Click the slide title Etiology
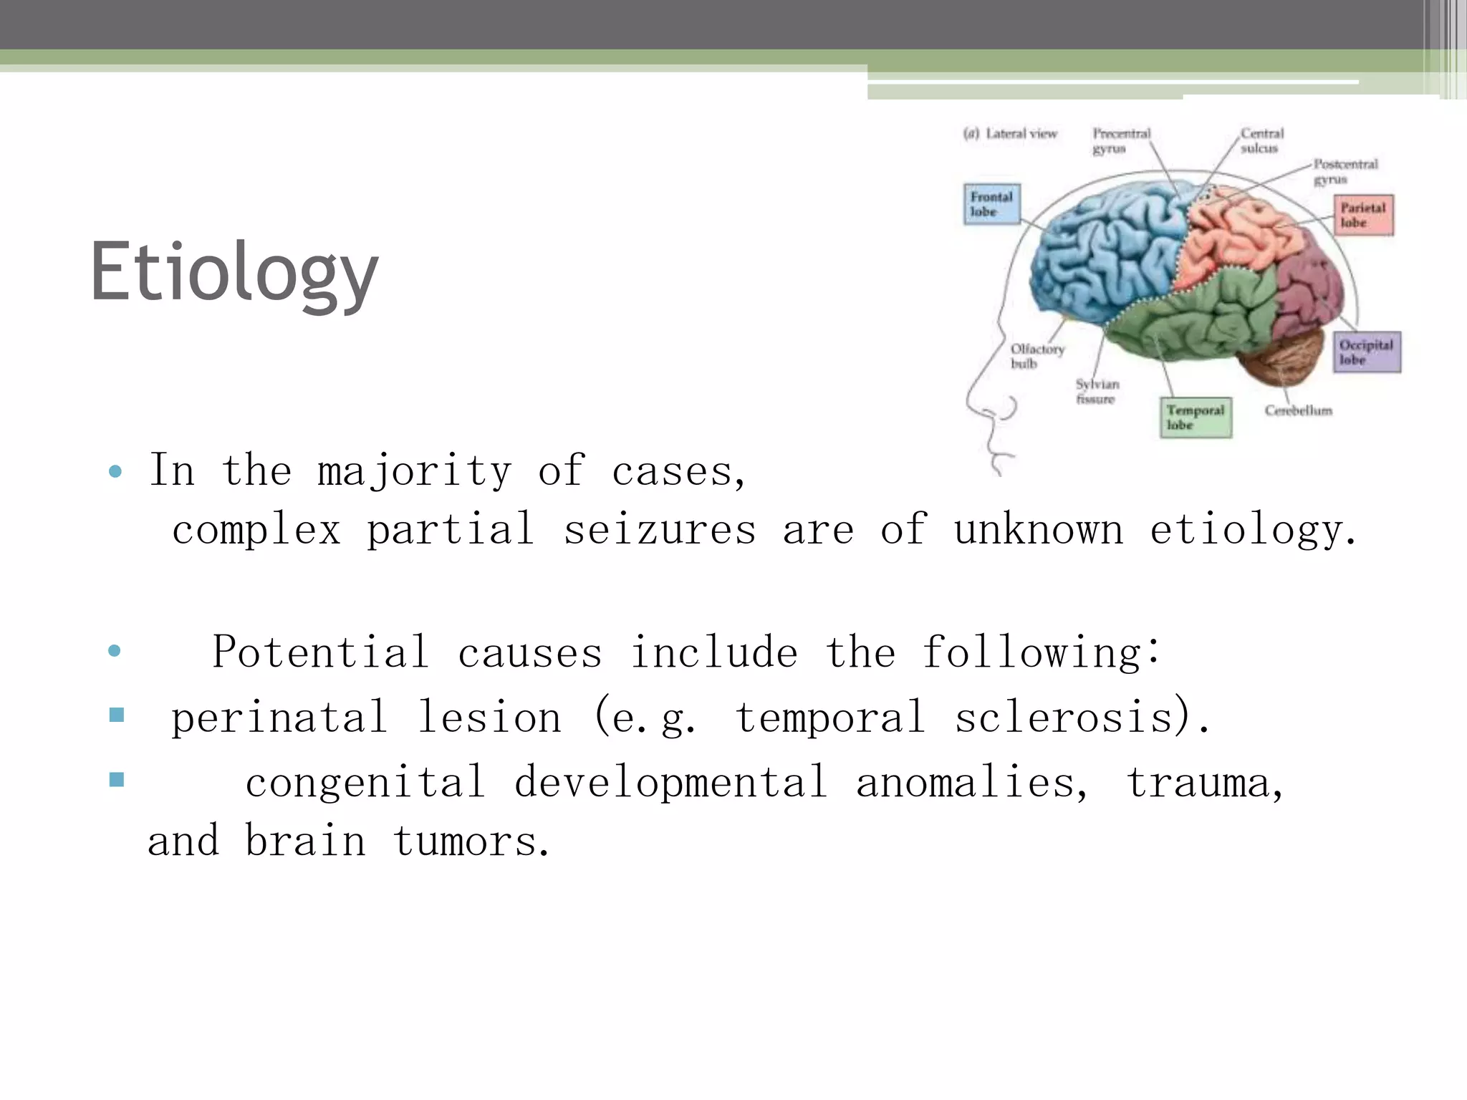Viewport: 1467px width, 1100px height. tap(234, 273)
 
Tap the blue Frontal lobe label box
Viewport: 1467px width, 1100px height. tap(991, 204)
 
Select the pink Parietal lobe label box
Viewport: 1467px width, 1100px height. tap(1363, 215)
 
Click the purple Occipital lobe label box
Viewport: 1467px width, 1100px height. tap(1366, 352)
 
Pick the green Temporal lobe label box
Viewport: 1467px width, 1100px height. tap(1196, 418)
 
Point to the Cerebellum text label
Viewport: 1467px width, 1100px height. tap(1298, 410)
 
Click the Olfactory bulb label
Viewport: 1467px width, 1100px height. tap(1036, 356)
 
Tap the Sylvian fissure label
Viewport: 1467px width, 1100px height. tap(1097, 392)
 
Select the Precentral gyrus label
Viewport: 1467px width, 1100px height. tap(1121, 140)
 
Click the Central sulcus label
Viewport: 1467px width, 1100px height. tap(1262, 140)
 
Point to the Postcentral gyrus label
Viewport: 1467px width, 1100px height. tap(1345, 171)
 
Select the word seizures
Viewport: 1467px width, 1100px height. tap(660, 531)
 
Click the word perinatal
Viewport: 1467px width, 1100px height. tap(279, 718)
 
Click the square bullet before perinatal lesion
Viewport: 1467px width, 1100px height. tap(117, 714)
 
